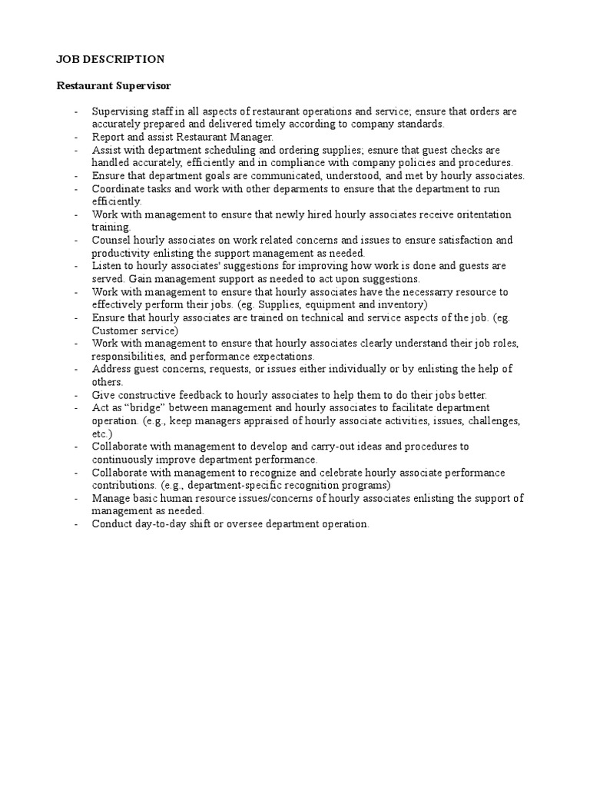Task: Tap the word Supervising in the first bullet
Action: click(120, 111)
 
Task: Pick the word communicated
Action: click(284, 176)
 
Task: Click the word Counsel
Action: click(111, 241)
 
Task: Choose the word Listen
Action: click(108, 266)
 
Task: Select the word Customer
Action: click(114, 330)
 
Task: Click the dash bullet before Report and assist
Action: click(77, 137)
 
